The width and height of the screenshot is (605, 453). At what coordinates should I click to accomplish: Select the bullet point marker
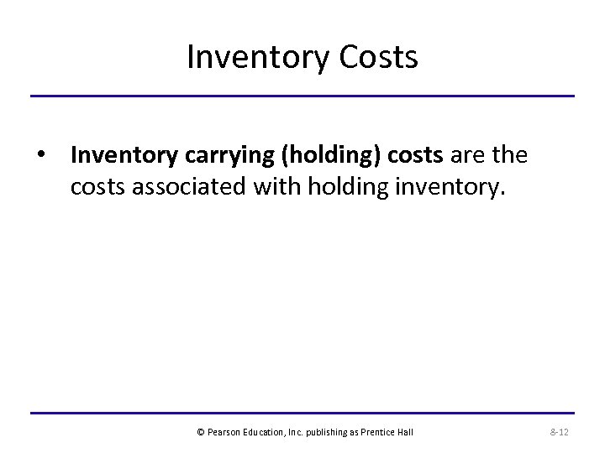(x=40, y=155)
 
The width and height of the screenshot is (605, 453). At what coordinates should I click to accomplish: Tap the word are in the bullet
(x=469, y=155)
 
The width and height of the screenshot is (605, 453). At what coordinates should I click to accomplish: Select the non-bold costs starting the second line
(x=98, y=185)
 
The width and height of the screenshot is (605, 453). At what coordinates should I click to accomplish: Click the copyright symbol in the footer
(x=201, y=432)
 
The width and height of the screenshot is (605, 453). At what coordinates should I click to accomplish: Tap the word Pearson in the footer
(x=223, y=432)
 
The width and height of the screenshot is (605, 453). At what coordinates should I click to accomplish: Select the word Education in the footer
(x=266, y=432)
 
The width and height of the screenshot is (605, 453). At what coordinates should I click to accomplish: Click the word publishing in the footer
(x=330, y=432)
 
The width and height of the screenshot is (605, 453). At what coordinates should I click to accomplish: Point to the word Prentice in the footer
(x=381, y=432)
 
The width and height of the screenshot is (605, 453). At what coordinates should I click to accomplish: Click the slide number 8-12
(x=559, y=432)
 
